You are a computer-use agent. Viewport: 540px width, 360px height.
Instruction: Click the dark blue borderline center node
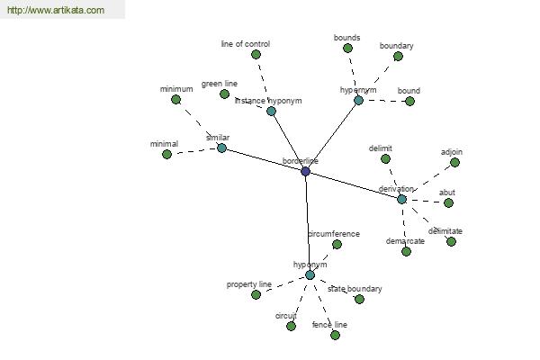pos(305,171)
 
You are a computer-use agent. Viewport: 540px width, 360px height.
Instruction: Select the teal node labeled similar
pos(221,148)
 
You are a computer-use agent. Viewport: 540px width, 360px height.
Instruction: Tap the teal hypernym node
pos(358,100)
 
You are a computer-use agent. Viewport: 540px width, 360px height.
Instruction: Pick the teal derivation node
pos(401,199)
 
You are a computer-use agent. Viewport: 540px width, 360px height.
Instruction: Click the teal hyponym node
pos(310,274)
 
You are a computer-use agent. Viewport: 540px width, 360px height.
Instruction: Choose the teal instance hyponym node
pos(272,111)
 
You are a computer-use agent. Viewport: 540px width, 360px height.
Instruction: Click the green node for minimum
pos(176,100)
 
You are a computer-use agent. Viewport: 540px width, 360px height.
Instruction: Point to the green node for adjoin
pos(454,162)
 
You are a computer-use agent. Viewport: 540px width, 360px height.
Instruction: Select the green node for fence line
pos(335,335)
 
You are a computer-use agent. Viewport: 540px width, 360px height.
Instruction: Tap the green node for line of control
pos(256,54)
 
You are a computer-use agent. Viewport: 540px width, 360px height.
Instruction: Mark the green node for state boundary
pos(359,299)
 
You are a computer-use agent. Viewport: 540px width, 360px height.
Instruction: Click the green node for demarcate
pos(407,251)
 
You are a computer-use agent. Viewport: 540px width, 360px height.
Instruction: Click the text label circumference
pos(334,234)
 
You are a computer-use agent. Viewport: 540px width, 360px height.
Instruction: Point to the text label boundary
pos(396,46)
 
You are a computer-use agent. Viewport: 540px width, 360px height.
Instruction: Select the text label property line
pos(249,284)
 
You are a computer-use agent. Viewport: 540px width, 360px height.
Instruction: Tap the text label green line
pos(220,84)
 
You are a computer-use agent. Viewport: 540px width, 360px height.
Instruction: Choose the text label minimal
pos(165,144)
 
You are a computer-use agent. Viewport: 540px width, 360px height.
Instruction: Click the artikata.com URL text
pos(56,10)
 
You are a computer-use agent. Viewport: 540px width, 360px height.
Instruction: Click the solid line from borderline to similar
pos(264,160)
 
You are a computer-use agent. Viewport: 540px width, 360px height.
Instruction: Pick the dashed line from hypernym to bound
pos(384,101)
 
